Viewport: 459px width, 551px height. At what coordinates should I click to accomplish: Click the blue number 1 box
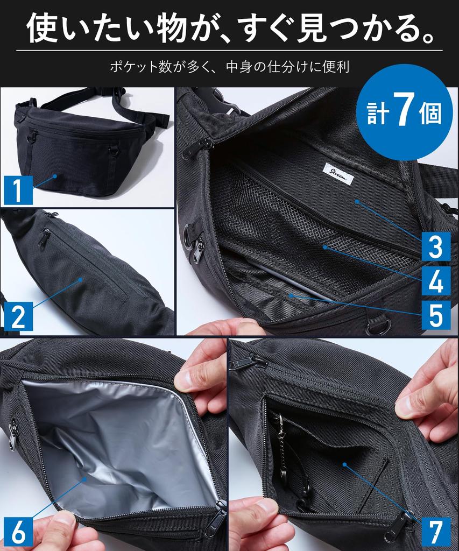click(x=18, y=191)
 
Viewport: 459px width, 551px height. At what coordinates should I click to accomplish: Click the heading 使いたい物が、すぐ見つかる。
click(x=230, y=30)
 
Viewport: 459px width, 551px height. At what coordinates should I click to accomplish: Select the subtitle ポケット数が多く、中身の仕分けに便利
click(x=230, y=67)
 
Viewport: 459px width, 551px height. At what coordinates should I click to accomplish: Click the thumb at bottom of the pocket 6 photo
click(x=57, y=530)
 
